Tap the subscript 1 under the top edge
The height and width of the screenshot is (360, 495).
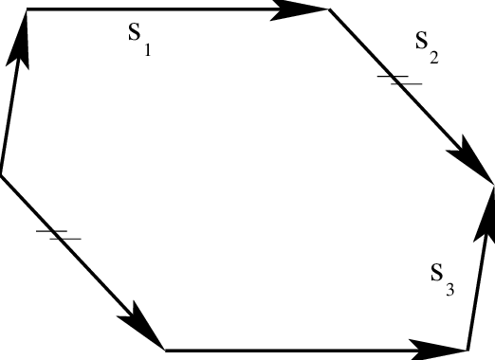(147, 49)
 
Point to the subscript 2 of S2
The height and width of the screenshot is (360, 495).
(433, 58)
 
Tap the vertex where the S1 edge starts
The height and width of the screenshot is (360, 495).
(27, 9)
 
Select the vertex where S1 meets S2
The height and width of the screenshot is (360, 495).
(328, 9)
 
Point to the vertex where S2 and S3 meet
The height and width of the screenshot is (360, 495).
(492, 183)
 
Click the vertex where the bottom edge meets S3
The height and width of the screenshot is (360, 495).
(468, 350)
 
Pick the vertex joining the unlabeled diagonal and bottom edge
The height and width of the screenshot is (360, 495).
(166, 350)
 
